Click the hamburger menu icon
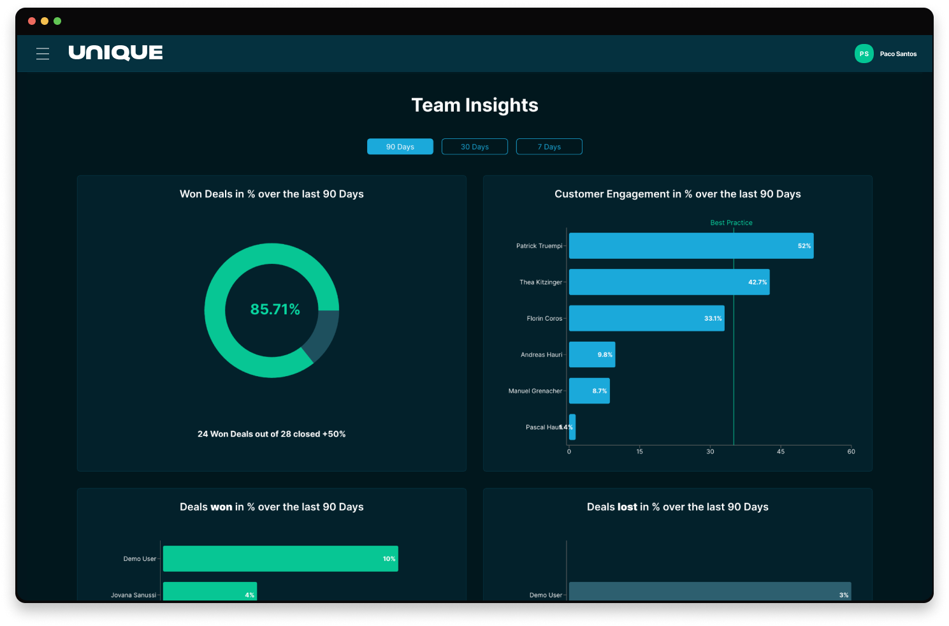[43, 54]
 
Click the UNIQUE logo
[115, 53]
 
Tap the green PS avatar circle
[864, 54]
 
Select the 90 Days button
[400, 147]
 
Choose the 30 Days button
[474, 147]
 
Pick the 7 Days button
[549, 147]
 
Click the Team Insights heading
[475, 105]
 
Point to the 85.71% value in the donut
[275, 309]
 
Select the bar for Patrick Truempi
[691, 245]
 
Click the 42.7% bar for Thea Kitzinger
[669, 282]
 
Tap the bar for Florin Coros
[646, 318]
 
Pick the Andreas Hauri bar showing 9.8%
[591, 354]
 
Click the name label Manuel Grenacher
[535, 391]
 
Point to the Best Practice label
[731, 222]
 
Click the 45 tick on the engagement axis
[781, 451]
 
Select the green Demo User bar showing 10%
[280, 558]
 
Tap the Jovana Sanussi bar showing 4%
[210, 592]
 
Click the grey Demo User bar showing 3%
[709, 592]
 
